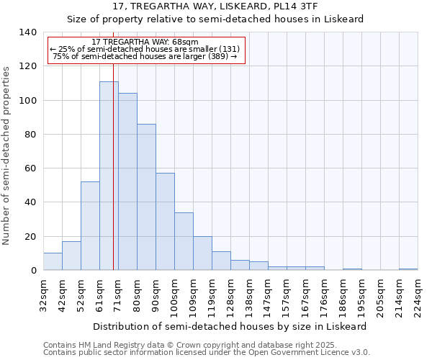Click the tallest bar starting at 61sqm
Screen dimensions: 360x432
coord(109,176)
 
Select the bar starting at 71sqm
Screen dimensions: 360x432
coord(127,181)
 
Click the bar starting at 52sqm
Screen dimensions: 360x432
coord(90,226)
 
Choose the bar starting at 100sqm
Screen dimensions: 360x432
coord(184,241)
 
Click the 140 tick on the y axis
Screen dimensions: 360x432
coord(28,32)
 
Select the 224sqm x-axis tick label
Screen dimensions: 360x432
coord(418,295)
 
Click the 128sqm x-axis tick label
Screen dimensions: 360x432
coord(230,295)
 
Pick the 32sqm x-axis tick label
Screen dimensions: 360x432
coord(43,295)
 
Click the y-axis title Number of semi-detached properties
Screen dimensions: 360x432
coord(7,155)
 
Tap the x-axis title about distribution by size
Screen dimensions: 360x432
coord(230,326)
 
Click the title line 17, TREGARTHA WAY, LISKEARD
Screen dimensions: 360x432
coord(215,6)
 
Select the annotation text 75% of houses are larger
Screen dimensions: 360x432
coord(145,56)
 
